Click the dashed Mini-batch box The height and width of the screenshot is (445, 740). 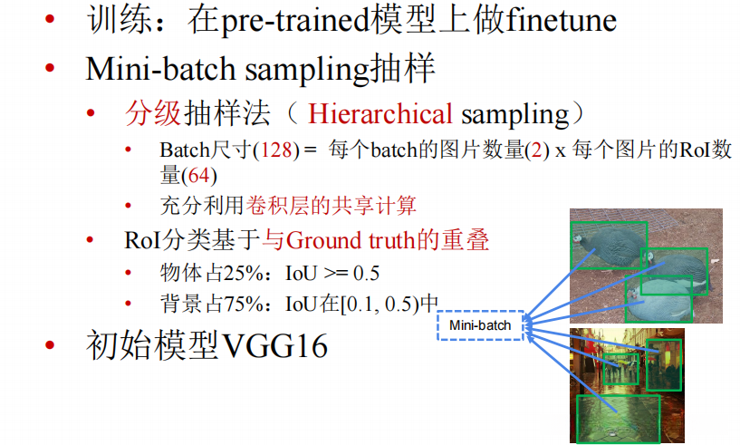pyautogui.click(x=480, y=325)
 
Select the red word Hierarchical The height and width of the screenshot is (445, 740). pyautogui.click(x=380, y=114)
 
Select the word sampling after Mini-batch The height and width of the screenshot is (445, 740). pyautogui.click(x=293, y=68)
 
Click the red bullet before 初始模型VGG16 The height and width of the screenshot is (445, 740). pyautogui.click(x=51, y=346)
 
